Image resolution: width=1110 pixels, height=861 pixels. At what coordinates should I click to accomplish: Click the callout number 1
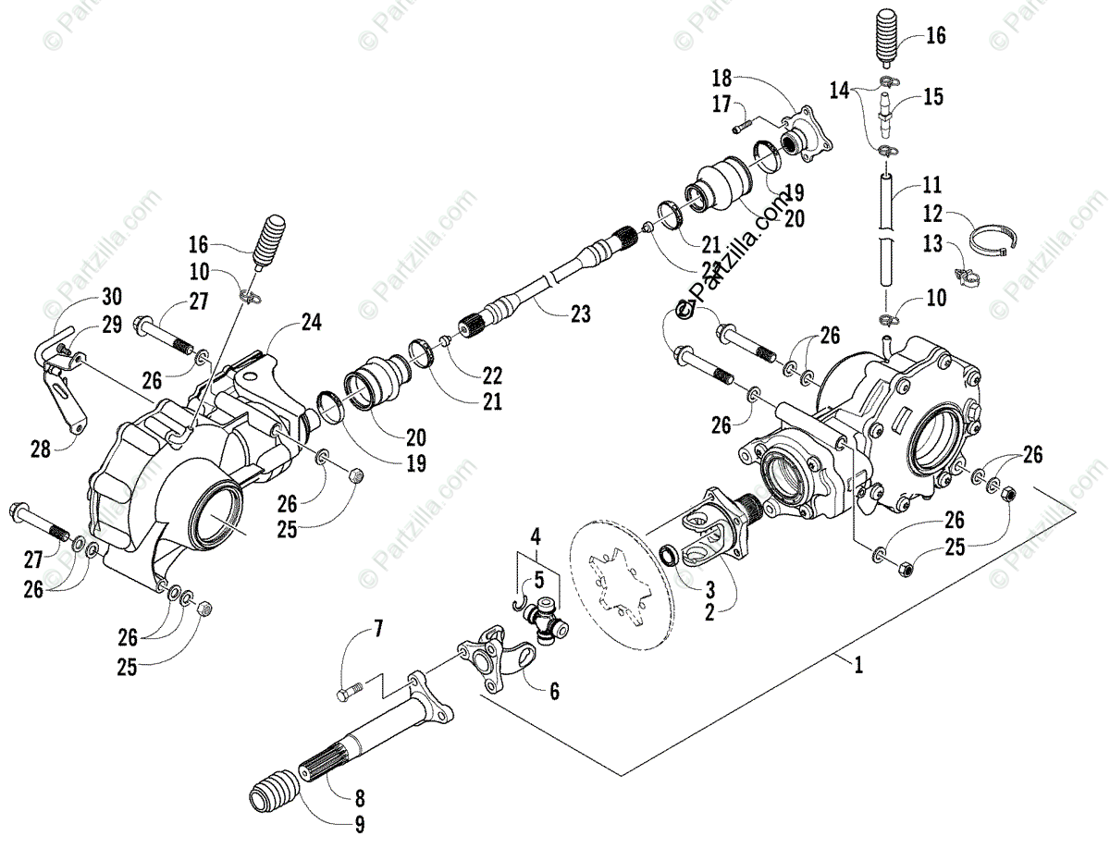(x=859, y=665)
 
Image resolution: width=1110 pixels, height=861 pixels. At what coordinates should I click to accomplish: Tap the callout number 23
(x=580, y=314)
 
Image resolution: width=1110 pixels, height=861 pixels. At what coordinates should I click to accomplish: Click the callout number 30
(x=111, y=297)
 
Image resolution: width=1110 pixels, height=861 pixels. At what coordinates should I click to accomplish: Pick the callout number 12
(x=934, y=215)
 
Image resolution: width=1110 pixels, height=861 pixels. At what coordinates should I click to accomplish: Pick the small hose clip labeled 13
(x=965, y=275)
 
